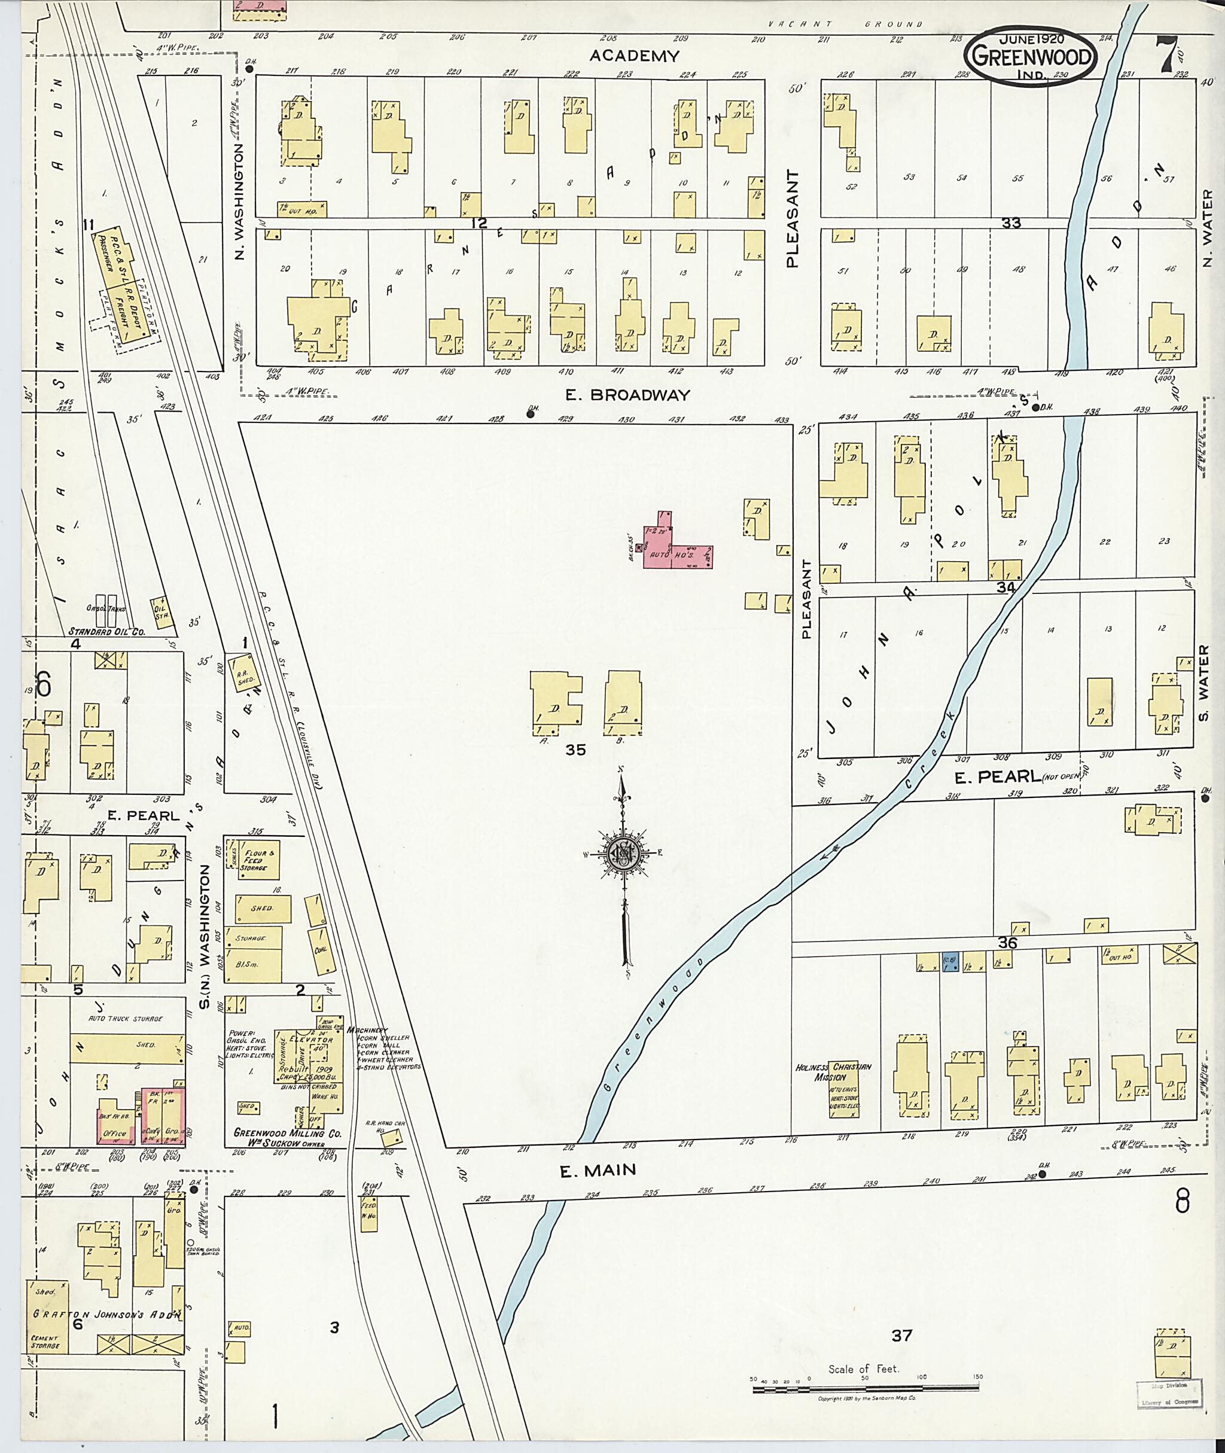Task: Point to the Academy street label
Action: [633, 56]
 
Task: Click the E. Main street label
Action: [598, 1170]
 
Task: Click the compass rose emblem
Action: [623, 854]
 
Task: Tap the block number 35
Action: [575, 750]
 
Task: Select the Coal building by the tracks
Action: [322, 949]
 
